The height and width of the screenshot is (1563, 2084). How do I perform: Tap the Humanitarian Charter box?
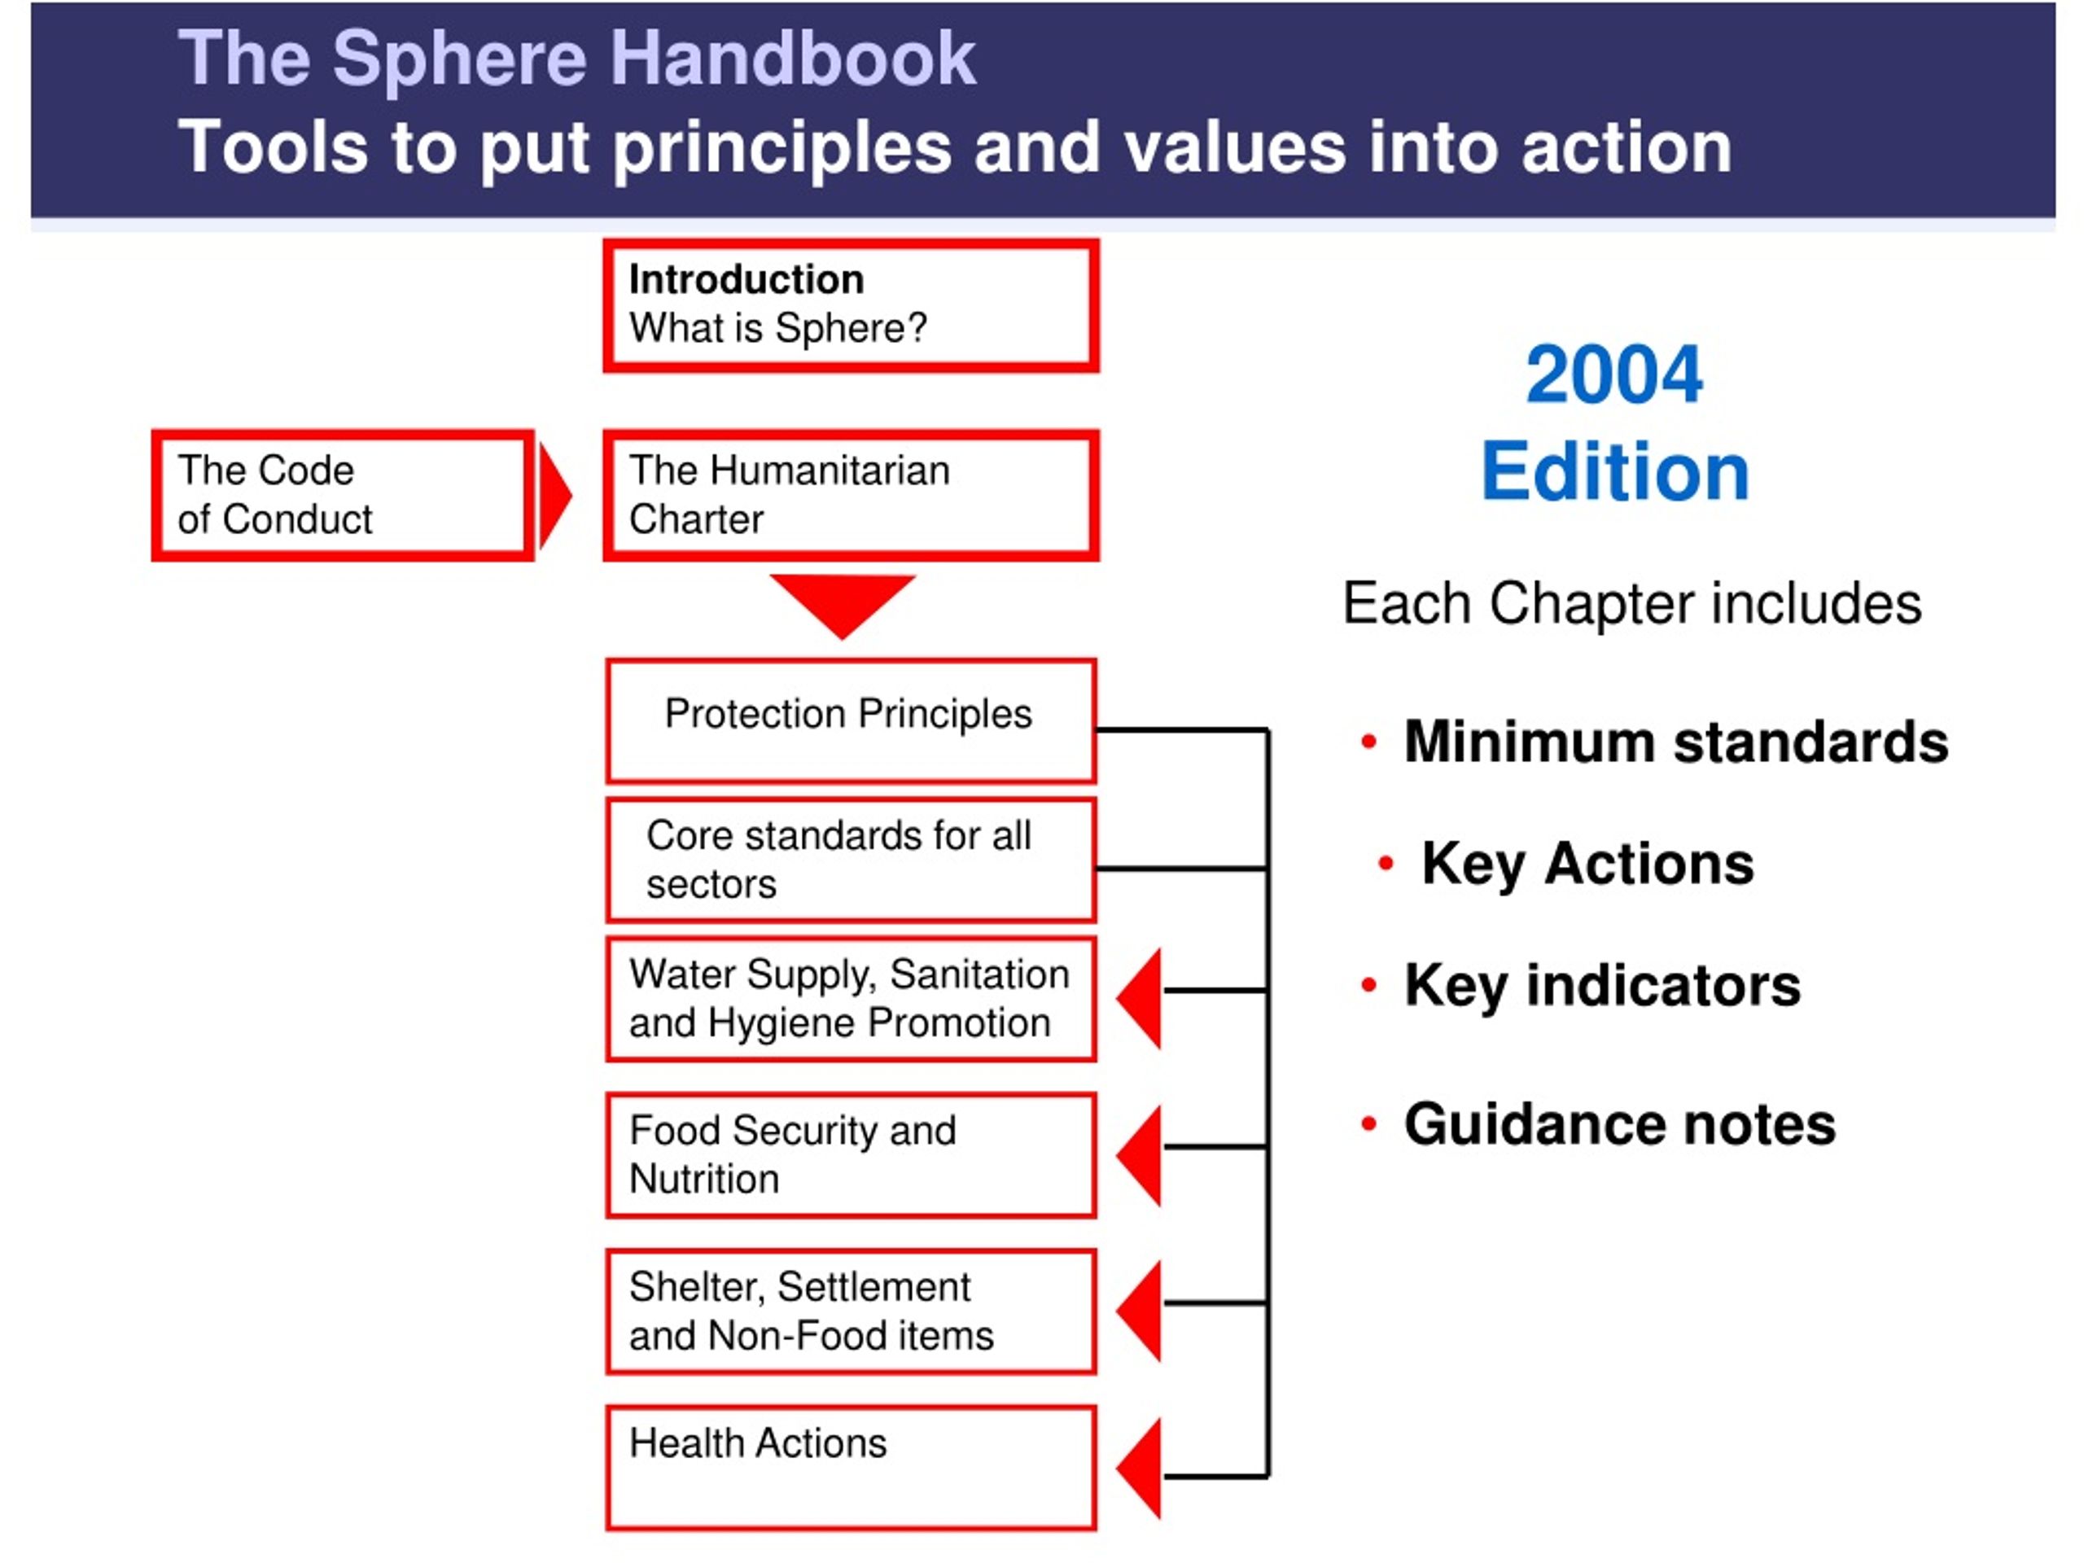850,496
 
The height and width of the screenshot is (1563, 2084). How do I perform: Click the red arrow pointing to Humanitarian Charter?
554,496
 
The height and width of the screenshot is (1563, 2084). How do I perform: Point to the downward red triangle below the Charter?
843,601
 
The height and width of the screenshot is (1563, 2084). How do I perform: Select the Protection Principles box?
850,720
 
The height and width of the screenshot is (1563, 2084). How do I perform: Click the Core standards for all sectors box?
850,859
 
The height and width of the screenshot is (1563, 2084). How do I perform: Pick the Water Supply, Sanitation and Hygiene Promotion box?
850,999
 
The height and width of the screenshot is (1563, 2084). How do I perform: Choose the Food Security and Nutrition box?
850,1155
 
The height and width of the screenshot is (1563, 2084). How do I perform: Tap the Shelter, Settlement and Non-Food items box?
850,1311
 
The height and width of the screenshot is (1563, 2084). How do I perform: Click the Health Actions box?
850,1468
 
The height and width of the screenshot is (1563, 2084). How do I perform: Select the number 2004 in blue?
1613,375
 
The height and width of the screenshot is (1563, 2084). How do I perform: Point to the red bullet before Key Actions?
1385,862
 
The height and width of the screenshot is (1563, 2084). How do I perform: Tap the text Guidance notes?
1618,1124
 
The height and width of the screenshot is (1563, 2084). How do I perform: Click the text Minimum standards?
1675,742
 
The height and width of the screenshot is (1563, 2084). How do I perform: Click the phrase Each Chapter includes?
1631,603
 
